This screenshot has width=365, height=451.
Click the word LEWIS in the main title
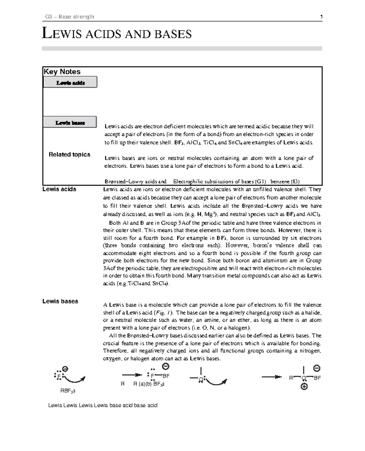tap(62, 34)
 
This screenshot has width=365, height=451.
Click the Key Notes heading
tap(62, 72)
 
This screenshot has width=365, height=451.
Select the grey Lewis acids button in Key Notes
tap(70, 82)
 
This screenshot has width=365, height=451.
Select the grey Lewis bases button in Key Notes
tap(70, 123)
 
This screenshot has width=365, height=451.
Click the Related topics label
tap(69, 154)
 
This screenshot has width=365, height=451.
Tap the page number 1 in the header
tap(321, 17)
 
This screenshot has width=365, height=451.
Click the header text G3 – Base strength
tap(70, 17)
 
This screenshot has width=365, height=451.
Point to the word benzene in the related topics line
tap(280, 182)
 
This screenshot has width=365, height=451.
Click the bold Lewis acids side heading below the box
tap(59, 189)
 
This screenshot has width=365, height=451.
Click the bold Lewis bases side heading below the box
tap(60, 301)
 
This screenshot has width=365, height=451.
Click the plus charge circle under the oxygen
tap(304, 387)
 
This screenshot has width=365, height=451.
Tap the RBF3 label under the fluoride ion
tap(68, 391)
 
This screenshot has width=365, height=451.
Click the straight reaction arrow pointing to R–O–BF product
tap(271, 377)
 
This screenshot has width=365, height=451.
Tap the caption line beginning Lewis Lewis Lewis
tap(103, 405)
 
